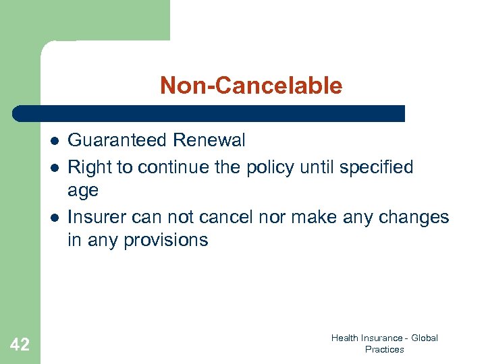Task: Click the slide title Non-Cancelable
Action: tap(251, 86)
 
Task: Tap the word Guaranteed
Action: tap(117, 140)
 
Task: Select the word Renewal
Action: tap(209, 140)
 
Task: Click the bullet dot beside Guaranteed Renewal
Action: tap(53, 141)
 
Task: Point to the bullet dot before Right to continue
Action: tap(53, 166)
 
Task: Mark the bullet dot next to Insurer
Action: tap(53, 216)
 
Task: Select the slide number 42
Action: tap(20, 345)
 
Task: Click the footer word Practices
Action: tap(384, 349)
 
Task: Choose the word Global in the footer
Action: tap(424, 338)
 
